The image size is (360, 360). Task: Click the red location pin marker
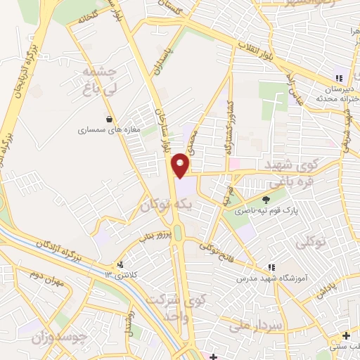click(x=181, y=164)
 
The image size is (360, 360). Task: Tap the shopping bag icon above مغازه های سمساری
click(x=108, y=119)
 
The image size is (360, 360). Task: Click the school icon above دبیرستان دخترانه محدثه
click(x=340, y=79)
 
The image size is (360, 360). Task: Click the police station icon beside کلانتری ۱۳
click(x=121, y=265)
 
